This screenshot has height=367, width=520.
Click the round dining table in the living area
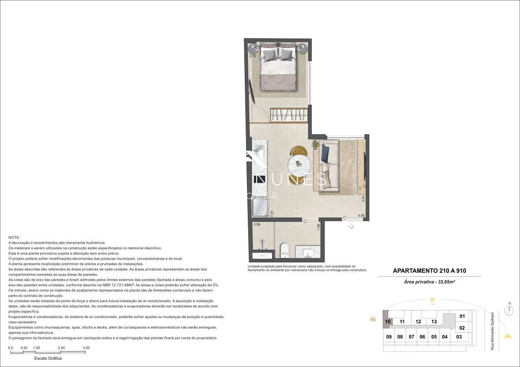click(x=299, y=164)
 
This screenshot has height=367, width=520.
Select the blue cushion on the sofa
click(x=325, y=153)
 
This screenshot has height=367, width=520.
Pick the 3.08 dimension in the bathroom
click(x=257, y=224)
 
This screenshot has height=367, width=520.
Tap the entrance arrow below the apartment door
click(x=351, y=225)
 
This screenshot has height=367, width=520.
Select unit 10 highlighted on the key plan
click(x=388, y=322)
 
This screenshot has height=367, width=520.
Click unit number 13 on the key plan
click(x=434, y=322)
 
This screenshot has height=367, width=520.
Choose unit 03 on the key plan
click(x=459, y=337)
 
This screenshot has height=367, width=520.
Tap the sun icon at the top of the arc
click(x=432, y=299)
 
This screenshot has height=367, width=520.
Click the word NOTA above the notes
click(x=14, y=238)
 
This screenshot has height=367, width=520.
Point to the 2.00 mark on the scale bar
click(x=61, y=348)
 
